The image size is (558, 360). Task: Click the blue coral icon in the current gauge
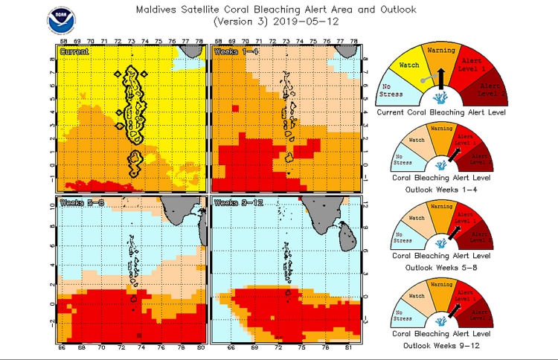pos(441,97)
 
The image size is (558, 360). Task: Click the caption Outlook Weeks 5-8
pos(441,266)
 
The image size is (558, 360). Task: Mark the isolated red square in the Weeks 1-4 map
pos(235,108)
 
